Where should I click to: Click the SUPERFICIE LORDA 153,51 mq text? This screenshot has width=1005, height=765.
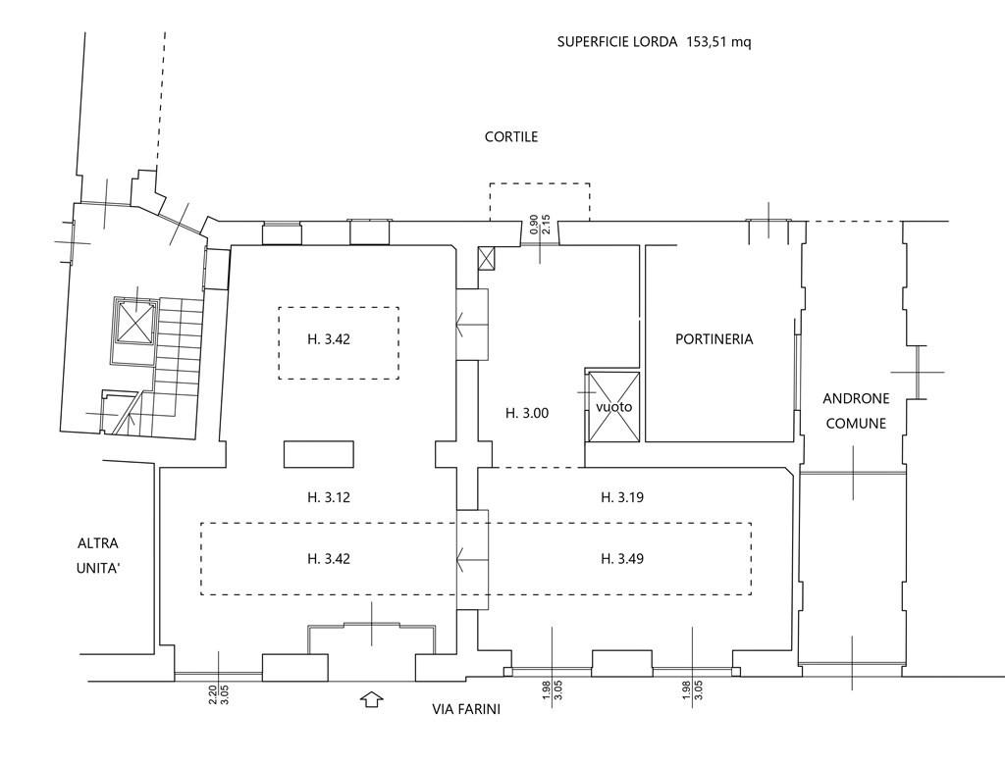point(654,42)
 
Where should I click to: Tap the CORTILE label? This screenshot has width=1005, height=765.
point(510,136)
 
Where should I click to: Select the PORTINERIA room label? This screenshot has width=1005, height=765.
point(714,339)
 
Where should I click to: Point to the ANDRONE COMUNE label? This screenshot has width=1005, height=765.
point(856,411)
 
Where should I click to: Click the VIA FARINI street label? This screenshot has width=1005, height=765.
point(466,709)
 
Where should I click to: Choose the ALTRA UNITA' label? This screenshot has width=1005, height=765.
point(98,555)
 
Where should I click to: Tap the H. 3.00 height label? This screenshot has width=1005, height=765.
point(527,413)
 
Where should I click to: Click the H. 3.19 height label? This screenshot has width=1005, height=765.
point(621,496)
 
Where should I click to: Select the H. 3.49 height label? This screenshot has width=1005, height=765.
point(621,559)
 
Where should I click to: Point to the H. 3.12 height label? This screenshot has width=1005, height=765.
point(328,496)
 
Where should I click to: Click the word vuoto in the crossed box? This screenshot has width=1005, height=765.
point(614,407)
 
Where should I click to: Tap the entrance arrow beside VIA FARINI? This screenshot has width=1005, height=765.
point(371,699)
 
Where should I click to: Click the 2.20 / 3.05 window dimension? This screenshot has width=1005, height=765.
point(219,693)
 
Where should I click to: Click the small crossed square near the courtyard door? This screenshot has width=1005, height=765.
point(487,259)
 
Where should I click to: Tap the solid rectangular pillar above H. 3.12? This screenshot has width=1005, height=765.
point(319,454)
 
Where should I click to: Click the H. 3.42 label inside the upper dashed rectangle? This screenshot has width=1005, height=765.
point(328,339)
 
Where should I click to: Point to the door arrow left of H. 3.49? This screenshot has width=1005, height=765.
point(472,559)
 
